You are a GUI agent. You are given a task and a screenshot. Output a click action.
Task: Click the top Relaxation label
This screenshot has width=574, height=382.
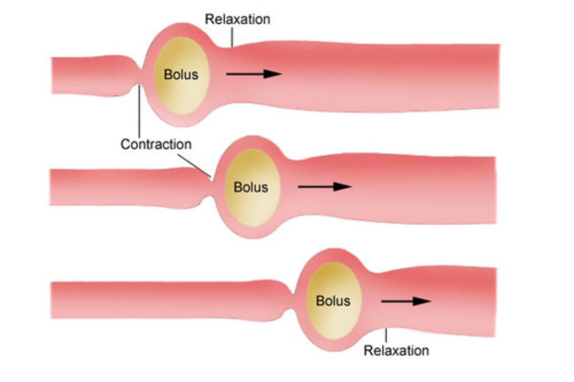(237, 19)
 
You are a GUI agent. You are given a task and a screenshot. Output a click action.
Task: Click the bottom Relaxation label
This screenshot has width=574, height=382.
(396, 351)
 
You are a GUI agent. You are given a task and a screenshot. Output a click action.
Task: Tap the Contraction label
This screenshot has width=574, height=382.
(156, 144)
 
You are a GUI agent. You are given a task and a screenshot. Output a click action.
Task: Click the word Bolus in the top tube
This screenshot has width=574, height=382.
(181, 74)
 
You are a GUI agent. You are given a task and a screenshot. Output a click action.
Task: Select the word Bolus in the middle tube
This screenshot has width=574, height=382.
(251, 187)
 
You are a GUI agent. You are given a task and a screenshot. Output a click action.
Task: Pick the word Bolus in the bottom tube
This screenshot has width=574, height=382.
(333, 301)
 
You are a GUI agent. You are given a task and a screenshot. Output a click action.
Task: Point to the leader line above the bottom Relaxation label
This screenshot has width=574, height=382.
(386, 336)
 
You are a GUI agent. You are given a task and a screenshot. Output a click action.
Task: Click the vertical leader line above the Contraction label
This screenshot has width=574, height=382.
(139, 112)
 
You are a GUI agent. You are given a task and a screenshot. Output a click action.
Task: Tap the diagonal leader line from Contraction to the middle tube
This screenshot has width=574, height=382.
(195, 165)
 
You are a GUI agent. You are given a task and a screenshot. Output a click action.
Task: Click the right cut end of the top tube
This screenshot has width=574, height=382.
(498, 76)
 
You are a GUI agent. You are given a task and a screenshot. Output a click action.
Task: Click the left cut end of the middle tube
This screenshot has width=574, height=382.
(51, 187)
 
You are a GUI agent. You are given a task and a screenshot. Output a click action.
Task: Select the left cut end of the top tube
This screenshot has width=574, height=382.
(52, 76)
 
